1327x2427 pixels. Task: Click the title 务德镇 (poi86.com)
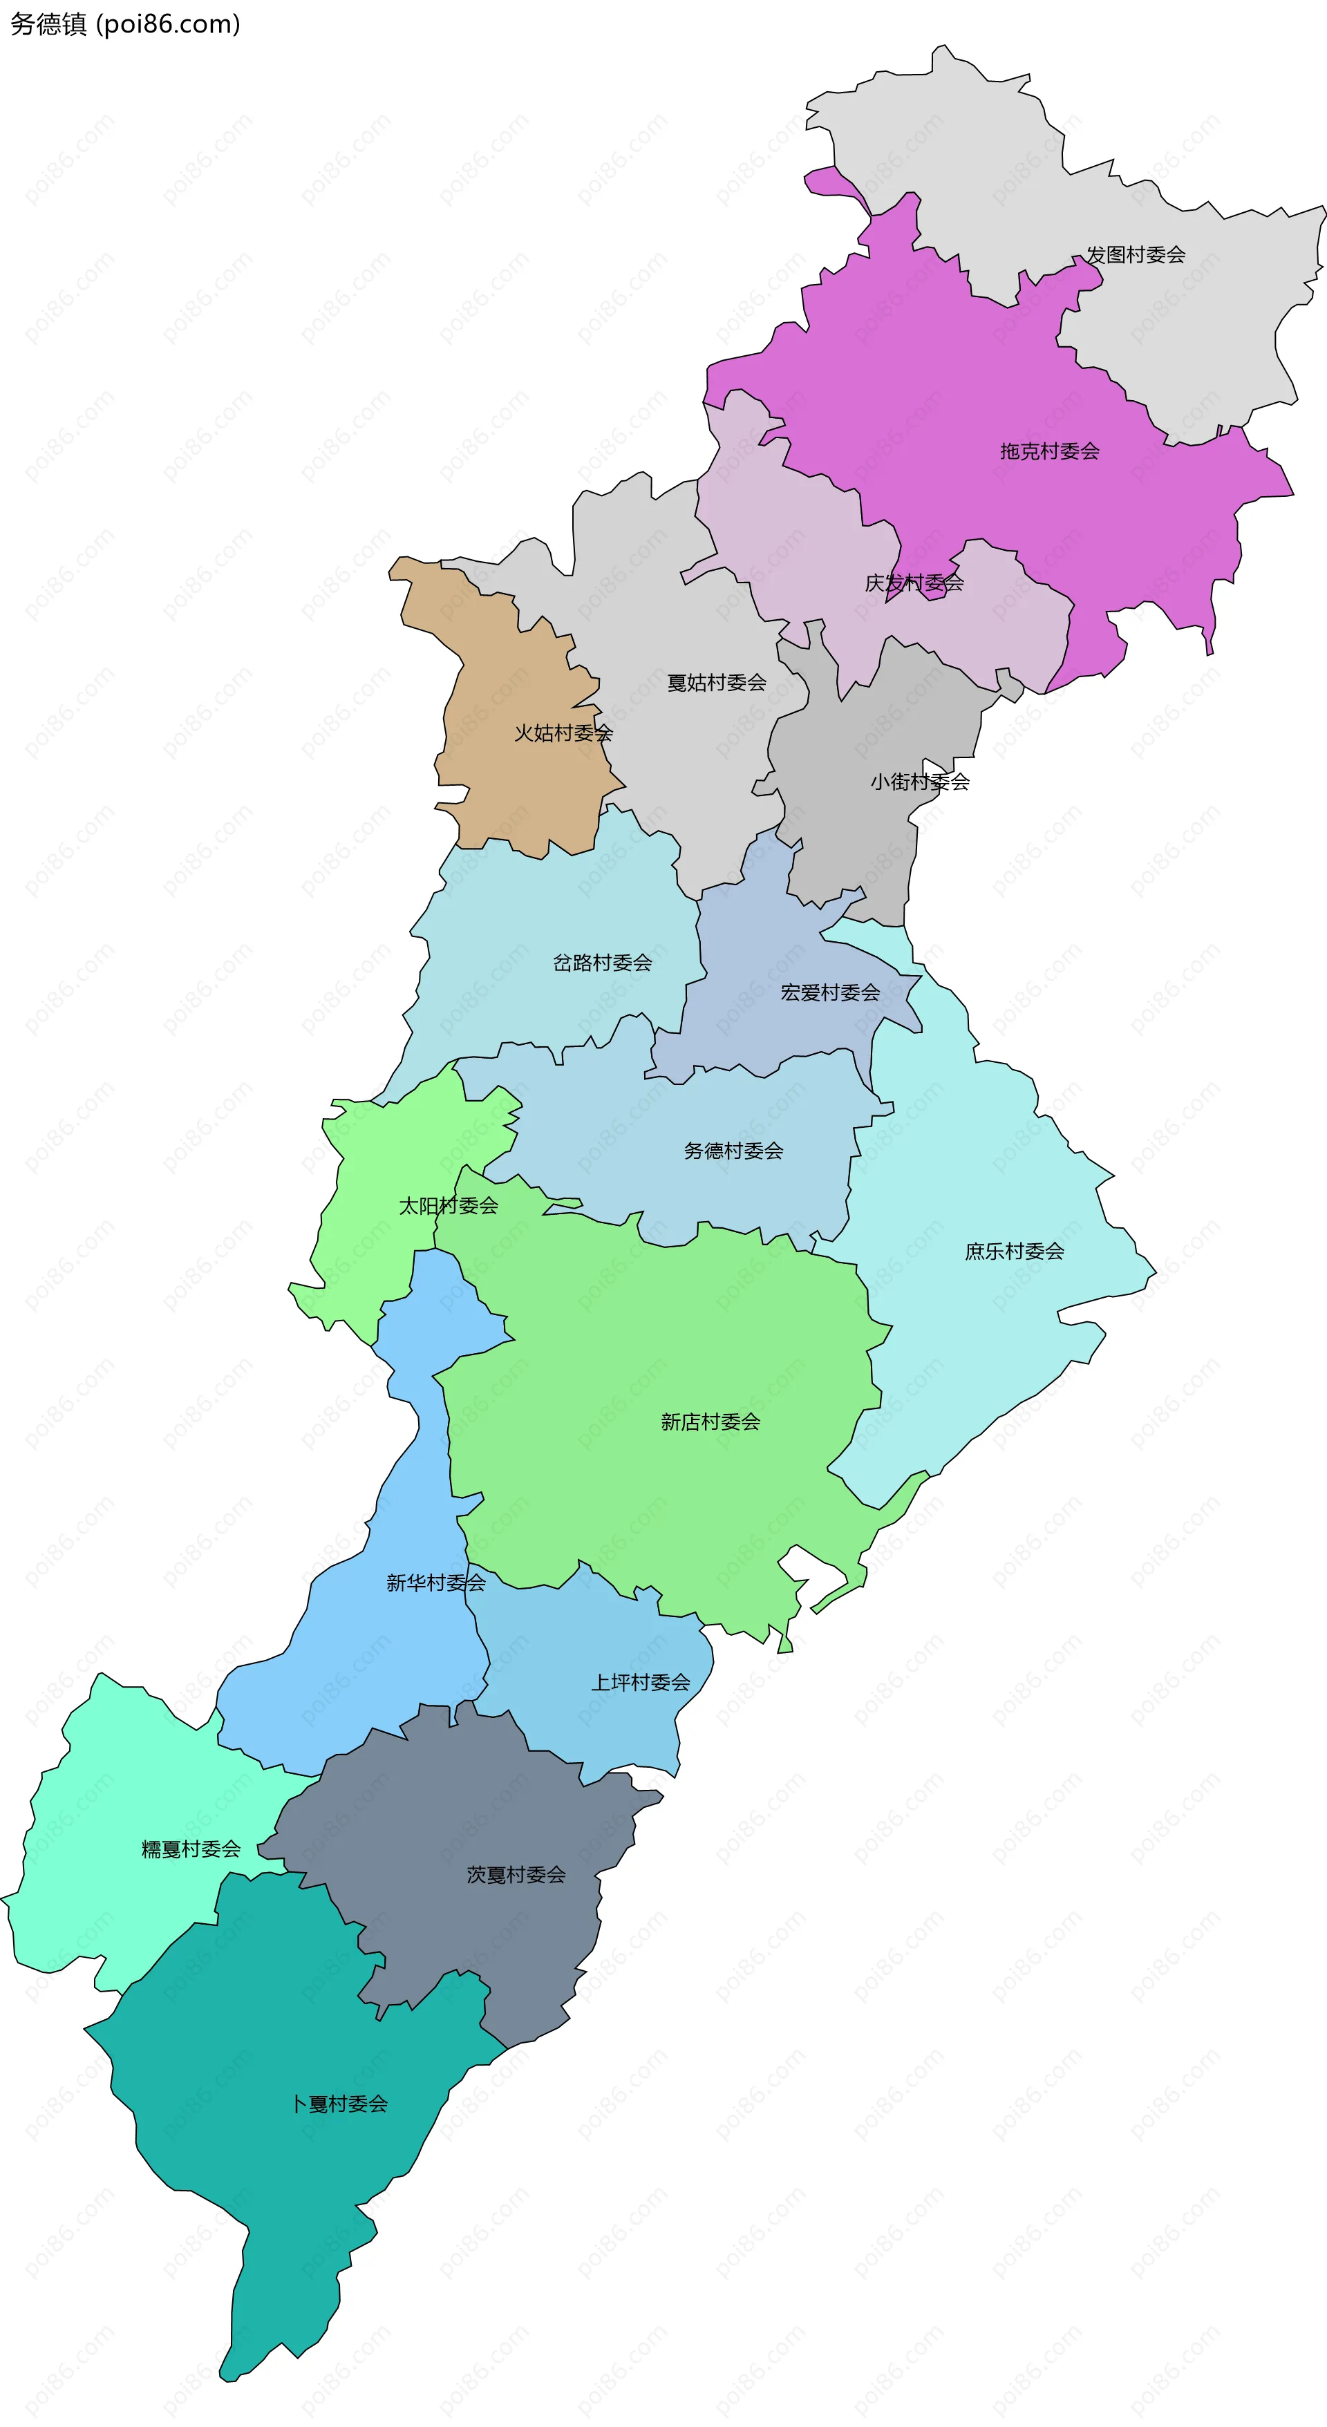(125, 23)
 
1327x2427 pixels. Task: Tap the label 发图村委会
(1136, 254)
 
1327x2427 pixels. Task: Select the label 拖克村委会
(1050, 451)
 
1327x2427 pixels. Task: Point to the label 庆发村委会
(914, 583)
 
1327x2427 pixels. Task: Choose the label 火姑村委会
(563, 733)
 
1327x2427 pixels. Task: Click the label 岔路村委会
(602, 963)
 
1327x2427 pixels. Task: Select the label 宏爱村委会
(830, 992)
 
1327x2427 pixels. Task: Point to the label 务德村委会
(733, 1151)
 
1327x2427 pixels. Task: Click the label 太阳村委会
(449, 1206)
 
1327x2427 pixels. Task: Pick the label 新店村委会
(710, 1422)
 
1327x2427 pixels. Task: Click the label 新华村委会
(435, 1583)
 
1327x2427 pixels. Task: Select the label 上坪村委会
(641, 1683)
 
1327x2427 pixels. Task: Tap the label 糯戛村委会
(191, 1849)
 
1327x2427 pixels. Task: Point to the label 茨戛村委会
(516, 1875)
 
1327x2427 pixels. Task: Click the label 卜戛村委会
(339, 2104)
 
